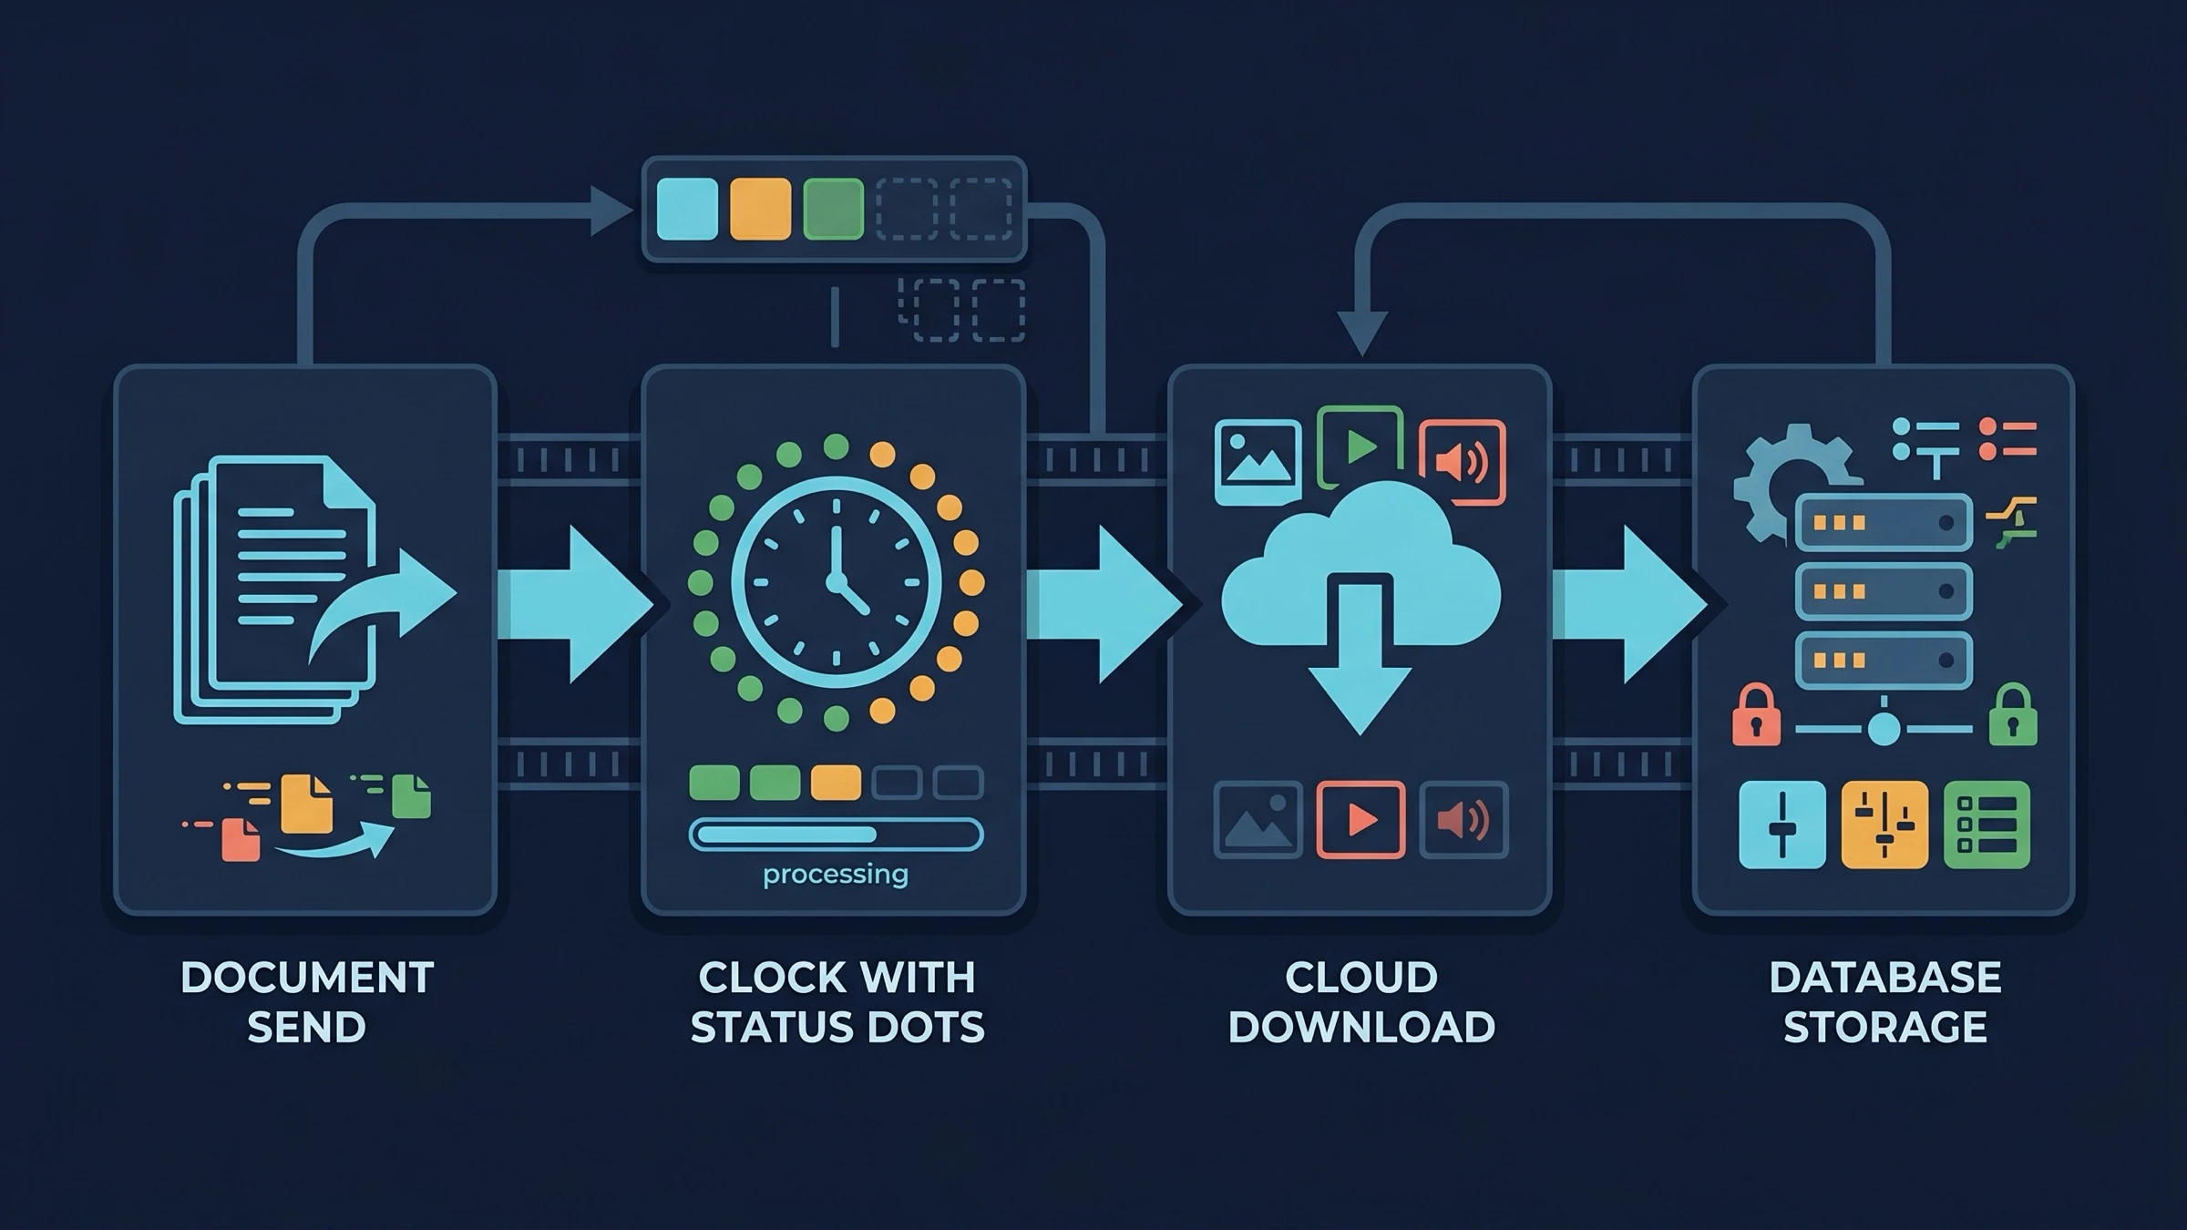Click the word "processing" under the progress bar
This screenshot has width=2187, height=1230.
836,875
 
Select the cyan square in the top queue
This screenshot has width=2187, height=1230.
687,209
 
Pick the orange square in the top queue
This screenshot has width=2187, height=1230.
760,209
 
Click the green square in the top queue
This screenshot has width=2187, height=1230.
833,209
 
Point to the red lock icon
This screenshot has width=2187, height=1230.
1756,714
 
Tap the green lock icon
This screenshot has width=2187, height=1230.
2012,714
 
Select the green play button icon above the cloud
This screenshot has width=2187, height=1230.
1360,446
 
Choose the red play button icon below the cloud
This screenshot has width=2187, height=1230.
1360,820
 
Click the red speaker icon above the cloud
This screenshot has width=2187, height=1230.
1463,462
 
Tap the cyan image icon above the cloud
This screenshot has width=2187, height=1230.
1258,462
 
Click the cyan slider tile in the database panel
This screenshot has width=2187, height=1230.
1782,825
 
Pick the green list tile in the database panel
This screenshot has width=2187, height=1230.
1987,825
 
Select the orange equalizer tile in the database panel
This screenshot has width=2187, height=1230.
1884,825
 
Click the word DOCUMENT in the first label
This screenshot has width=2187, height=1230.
307,979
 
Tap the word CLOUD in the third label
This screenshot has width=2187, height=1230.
1361,979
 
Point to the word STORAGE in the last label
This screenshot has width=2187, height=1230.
1884,1028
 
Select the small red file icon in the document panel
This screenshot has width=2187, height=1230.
241,839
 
